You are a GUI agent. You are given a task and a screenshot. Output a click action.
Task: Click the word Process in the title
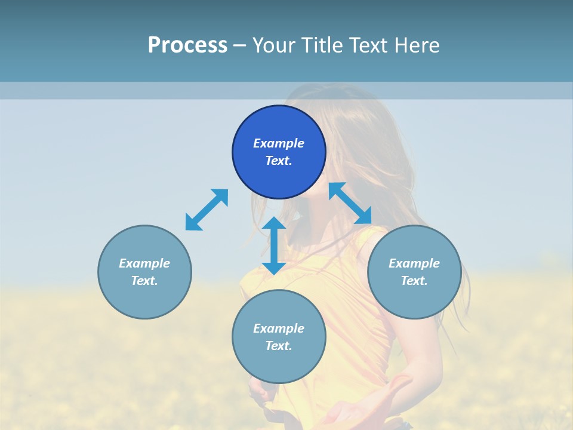pyautogui.click(x=187, y=45)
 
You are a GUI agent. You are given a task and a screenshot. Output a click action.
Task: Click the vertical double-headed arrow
pyautogui.click(x=274, y=246)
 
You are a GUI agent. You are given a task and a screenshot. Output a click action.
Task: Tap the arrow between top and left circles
pyautogui.click(x=207, y=210)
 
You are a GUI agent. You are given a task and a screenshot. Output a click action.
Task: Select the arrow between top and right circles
pyautogui.click(x=350, y=203)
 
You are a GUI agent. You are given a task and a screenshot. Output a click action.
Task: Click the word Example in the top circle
pyautogui.click(x=279, y=143)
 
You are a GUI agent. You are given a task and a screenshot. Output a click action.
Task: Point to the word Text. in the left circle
pyautogui.click(x=144, y=281)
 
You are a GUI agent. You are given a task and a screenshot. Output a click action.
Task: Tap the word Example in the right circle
pyautogui.click(x=414, y=263)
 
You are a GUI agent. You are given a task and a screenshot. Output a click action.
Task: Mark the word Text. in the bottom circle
pyautogui.click(x=279, y=346)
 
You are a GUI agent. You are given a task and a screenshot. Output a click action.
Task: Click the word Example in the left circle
pyautogui.click(x=144, y=263)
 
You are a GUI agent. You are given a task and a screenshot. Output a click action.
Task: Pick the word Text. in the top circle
pyautogui.click(x=279, y=161)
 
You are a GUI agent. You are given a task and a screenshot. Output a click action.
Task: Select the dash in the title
pyautogui.click(x=239, y=45)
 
